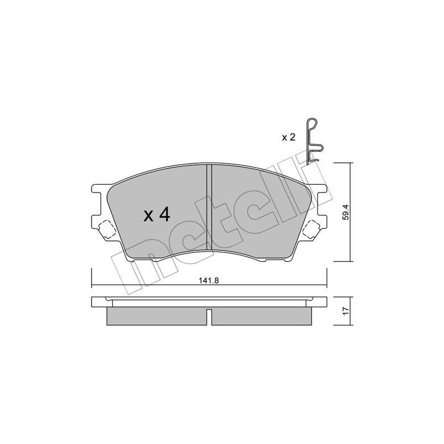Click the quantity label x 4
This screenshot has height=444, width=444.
point(156,215)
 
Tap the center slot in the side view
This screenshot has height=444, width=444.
point(209,316)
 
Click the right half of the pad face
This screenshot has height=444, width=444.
point(255,211)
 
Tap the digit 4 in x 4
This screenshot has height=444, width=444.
point(164,215)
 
